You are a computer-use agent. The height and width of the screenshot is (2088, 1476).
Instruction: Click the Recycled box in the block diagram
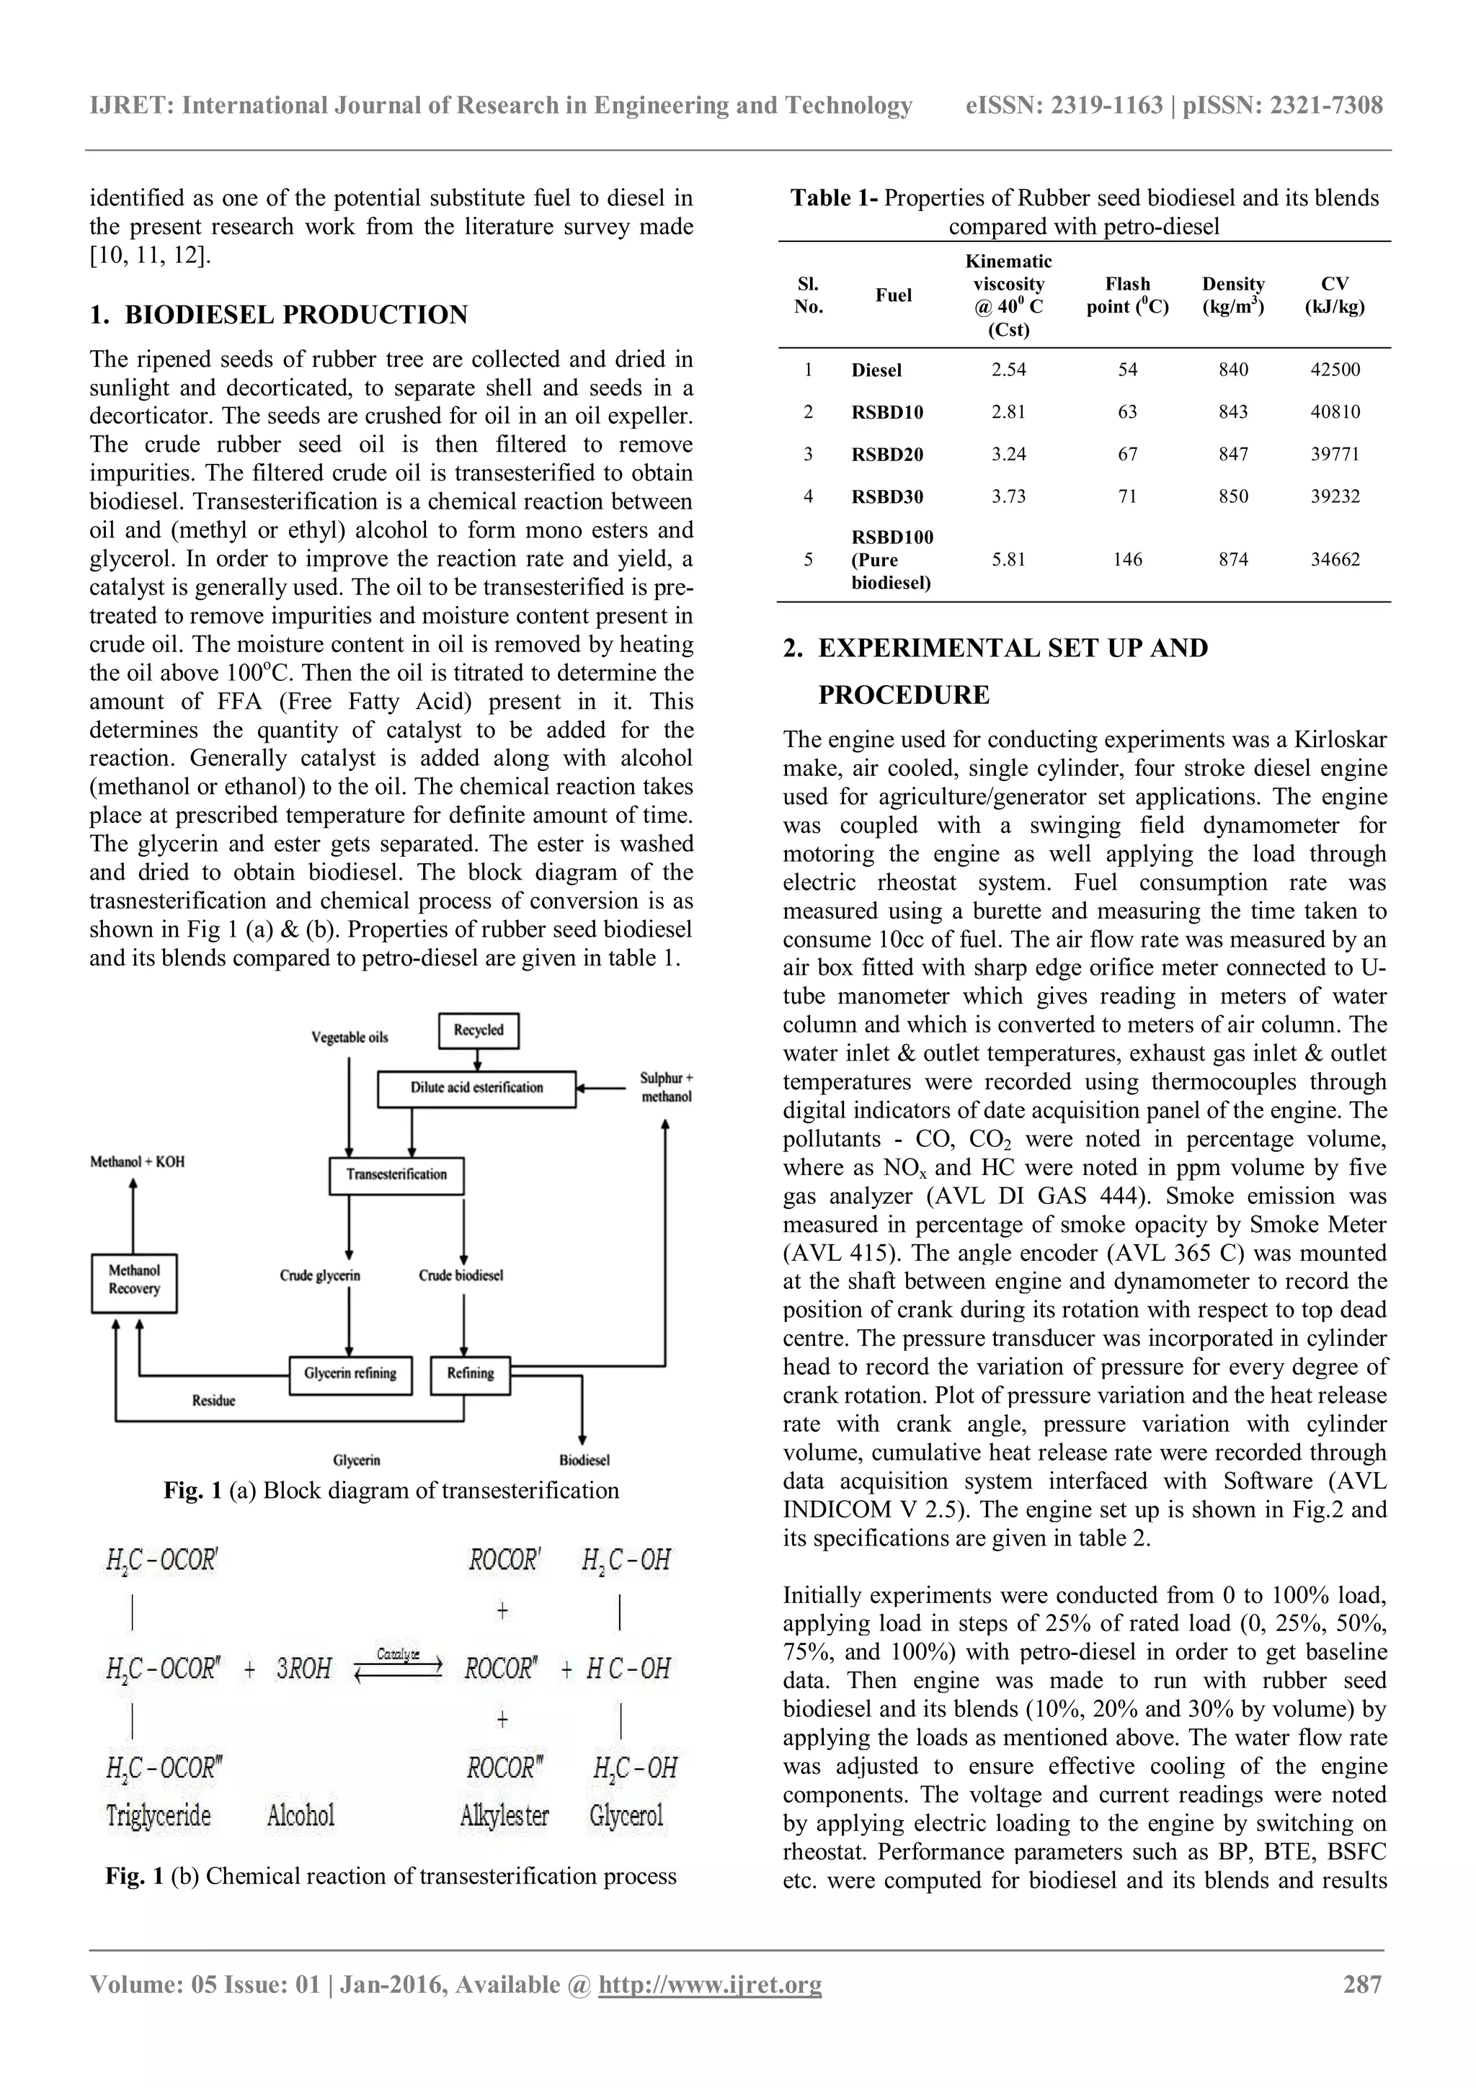coord(479,1030)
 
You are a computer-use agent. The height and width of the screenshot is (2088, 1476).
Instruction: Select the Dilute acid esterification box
coord(476,1088)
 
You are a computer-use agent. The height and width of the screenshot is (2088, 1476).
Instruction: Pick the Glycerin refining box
coord(350,1373)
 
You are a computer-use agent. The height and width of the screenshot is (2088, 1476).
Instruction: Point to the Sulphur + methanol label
coord(666,1088)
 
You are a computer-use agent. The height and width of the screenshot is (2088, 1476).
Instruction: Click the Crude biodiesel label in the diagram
coord(461,1275)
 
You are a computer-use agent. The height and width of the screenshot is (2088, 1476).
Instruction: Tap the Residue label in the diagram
coord(214,1401)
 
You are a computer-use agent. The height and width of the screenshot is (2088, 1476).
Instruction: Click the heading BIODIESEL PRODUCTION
coord(295,315)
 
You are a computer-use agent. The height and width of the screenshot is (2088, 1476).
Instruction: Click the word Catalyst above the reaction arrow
coord(399,1654)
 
